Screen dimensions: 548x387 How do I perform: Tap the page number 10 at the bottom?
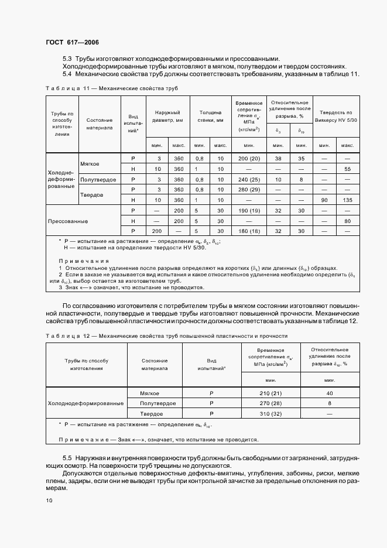49,500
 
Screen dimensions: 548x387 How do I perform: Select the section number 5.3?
67,59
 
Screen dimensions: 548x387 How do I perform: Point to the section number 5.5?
67,456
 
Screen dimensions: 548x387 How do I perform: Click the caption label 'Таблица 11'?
62,88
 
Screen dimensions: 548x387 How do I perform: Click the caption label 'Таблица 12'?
62,336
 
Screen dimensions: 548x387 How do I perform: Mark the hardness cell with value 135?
347,200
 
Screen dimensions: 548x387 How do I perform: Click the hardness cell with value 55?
347,169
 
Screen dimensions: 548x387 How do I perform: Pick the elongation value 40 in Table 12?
329,393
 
